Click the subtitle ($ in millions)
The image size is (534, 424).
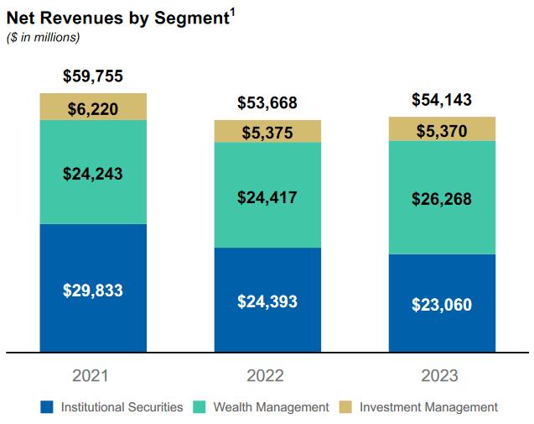(43, 38)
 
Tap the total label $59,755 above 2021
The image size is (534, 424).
(93, 76)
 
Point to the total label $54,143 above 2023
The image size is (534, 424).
(442, 100)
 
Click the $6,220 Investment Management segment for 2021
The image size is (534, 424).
(93, 107)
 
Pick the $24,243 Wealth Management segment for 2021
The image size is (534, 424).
(93, 173)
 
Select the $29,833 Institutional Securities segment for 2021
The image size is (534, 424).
(93, 290)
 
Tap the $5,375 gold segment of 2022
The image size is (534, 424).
(267, 132)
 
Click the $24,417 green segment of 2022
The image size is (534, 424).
(267, 198)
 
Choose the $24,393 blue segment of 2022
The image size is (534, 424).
(267, 301)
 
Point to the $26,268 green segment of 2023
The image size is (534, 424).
(442, 199)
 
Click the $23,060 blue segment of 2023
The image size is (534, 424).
(442, 304)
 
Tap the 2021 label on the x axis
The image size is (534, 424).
(92, 375)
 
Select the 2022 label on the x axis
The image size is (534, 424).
(267, 375)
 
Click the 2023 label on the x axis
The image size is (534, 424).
(442, 375)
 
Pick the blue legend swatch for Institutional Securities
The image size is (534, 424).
(47, 407)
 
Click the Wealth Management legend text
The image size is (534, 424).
(271, 407)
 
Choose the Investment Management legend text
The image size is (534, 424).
(428, 407)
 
